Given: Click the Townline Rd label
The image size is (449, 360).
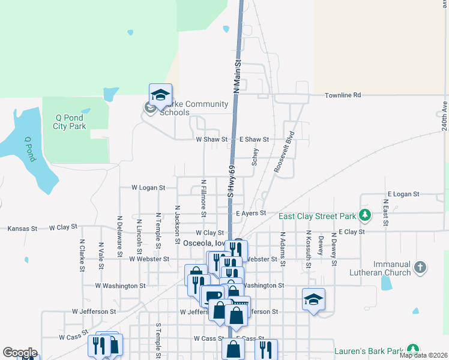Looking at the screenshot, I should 343,95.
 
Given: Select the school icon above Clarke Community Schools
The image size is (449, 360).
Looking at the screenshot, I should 160,95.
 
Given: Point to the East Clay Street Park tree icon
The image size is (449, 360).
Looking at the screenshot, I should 364,215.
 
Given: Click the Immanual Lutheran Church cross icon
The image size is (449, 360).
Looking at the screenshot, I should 420,268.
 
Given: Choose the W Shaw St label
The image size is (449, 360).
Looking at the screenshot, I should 212,139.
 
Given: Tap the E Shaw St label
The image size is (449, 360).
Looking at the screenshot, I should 255,139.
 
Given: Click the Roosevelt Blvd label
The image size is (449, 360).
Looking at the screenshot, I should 284,152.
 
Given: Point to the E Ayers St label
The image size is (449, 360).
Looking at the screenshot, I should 251,213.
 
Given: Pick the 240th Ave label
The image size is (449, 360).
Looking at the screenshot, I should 444,115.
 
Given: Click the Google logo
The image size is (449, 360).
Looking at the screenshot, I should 19,353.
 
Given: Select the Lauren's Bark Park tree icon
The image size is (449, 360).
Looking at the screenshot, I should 412,350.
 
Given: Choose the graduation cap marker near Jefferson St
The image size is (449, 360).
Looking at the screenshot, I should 313,299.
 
